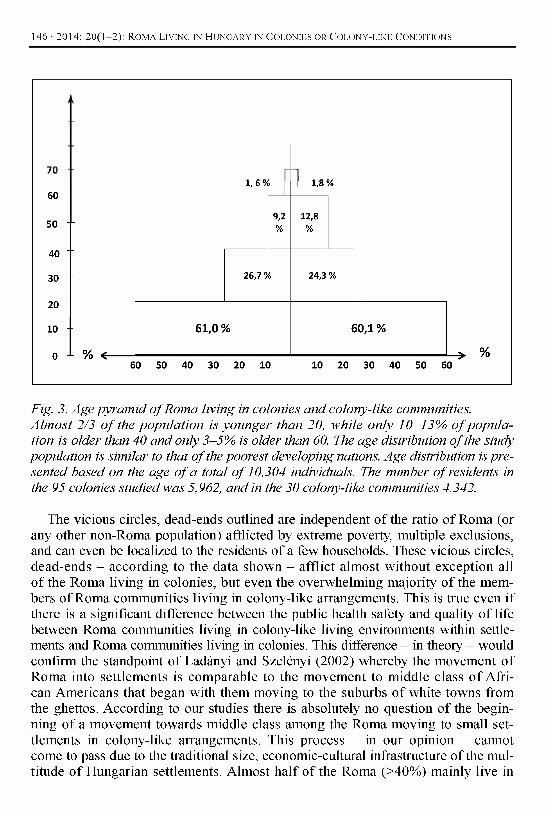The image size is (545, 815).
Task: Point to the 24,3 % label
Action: pos(322,276)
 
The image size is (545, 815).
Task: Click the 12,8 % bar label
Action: pos(309,222)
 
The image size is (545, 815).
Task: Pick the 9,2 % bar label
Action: pos(279,222)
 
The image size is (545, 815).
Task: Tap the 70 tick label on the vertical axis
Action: pos(52,170)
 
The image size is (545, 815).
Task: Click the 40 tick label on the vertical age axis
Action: pos(54,254)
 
